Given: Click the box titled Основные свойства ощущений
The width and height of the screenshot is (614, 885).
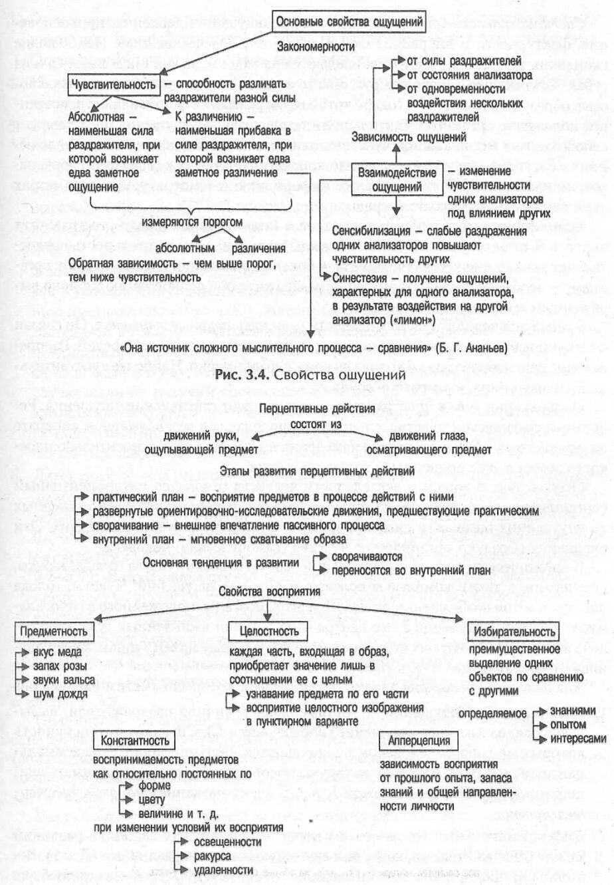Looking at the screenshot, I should point(349,22).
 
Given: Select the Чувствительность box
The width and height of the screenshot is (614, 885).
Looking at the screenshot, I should point(114,84).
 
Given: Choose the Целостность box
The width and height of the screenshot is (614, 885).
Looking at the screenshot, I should point(269,631).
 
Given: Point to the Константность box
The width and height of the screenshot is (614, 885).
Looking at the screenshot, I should point(135,741).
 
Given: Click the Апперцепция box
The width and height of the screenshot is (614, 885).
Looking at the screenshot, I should point(419,741).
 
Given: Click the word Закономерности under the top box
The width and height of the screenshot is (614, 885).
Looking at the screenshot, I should point(316,47).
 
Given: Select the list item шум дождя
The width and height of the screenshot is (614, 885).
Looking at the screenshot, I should point(60,694).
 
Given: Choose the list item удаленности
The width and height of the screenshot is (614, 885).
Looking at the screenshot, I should point(223,870).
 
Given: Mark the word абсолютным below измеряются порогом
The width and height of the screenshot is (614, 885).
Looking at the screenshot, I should point(185,249).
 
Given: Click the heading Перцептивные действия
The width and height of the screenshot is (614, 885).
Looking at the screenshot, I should point(308,409).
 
